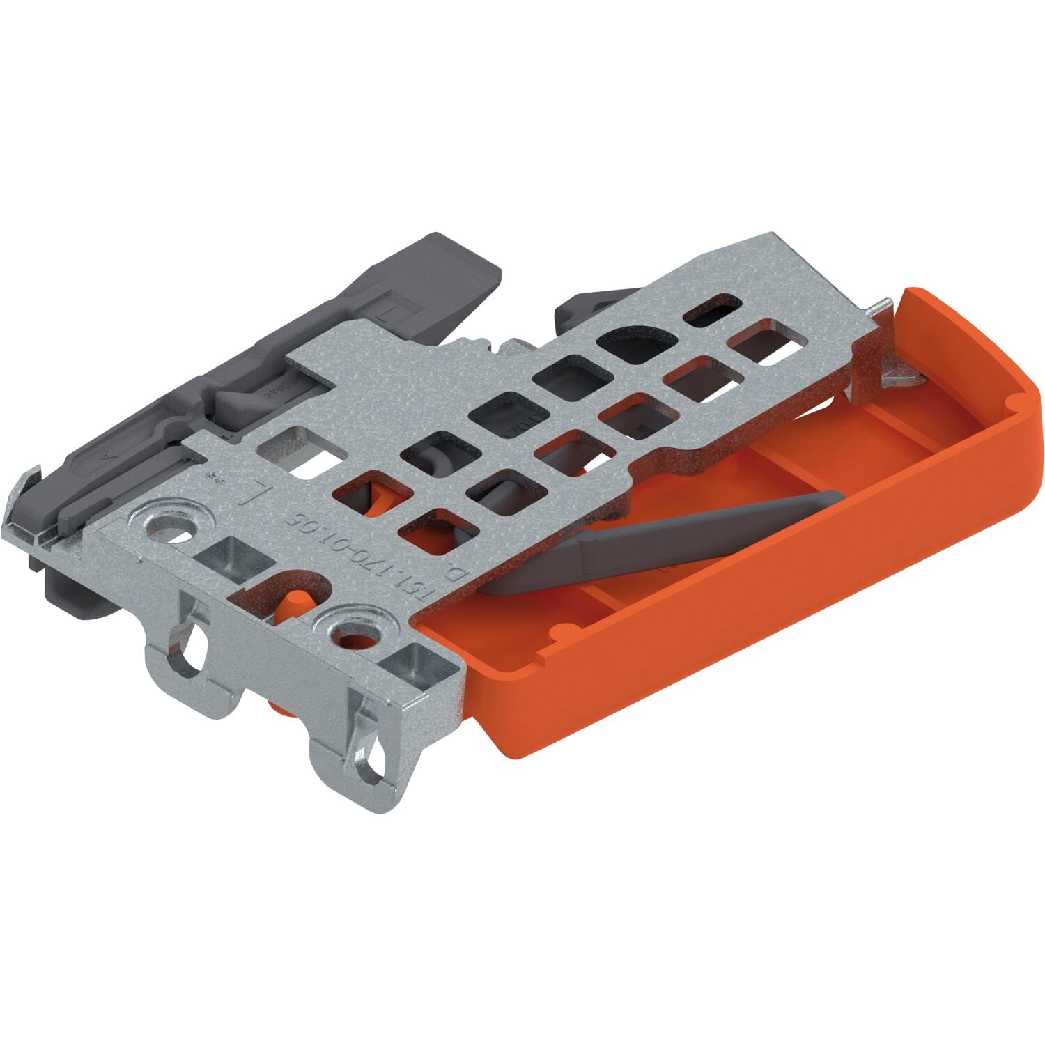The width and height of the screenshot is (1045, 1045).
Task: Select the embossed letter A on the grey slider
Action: (x=106, y=460)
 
